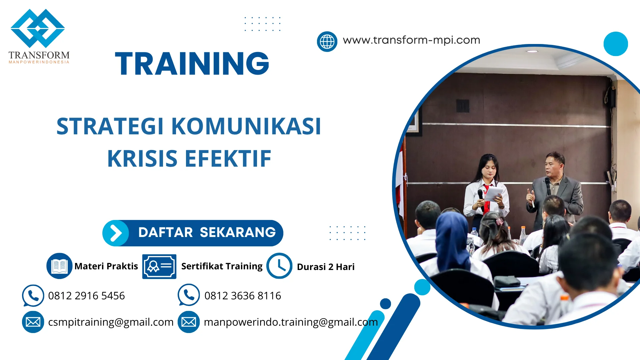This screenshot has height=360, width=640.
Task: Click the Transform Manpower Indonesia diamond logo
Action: pos(38,28)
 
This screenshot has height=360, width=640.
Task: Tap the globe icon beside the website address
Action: pos(327,42)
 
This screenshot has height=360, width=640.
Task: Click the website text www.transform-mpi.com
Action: pos(411,40)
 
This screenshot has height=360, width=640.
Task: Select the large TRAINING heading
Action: pos(192,63)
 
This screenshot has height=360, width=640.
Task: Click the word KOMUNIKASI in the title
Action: pos(246,126)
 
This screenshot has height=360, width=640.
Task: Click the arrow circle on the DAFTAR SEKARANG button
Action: pos(116,233)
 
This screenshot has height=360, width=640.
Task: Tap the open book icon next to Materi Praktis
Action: pos(59,266)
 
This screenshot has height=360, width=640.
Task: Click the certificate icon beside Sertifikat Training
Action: pos(159,266)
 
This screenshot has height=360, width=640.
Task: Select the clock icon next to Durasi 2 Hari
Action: pos(279,266)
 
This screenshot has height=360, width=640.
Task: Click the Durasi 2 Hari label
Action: pos(326,267)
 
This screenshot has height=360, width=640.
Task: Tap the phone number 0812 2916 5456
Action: pos(86,296)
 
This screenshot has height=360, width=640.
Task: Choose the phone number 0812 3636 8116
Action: pos(243,296)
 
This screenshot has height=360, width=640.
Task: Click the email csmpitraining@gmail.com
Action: pos(111,322)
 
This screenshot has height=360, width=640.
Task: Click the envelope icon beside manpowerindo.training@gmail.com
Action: pos(189,322)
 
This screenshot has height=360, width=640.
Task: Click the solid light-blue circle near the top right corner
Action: pos(615,44)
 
